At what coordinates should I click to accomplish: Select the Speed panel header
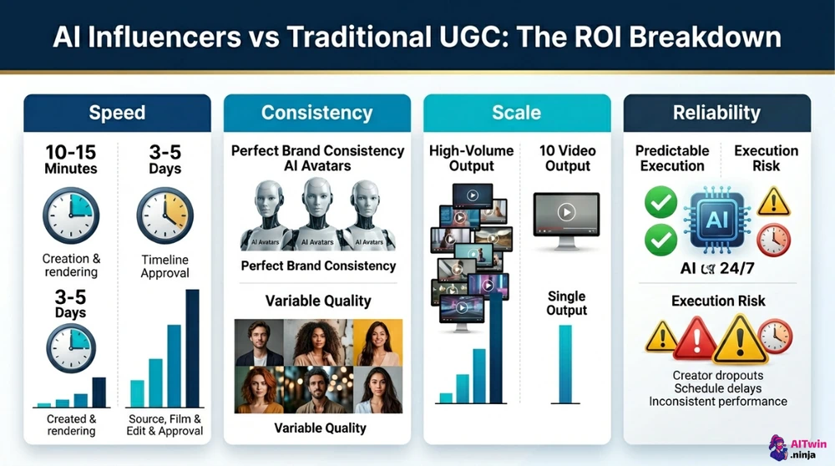(116, 113)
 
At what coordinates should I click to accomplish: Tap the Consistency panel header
(316, 113)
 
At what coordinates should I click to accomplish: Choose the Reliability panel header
(716, 113)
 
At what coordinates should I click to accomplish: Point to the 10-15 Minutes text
(70, 160)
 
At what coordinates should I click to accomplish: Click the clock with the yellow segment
(164, 214)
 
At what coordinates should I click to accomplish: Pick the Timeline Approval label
(164, 266)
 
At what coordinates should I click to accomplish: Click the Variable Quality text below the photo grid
(320, 428)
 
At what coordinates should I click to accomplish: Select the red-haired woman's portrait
(260, 390)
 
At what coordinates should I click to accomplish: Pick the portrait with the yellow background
(377, 342)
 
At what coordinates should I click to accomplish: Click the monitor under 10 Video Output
(565, 219)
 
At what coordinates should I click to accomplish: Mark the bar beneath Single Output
(565, 363)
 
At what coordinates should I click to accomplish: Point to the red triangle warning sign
(695, 337)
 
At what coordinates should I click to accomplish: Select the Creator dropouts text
(717, 375)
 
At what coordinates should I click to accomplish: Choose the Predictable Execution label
(671, 158)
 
